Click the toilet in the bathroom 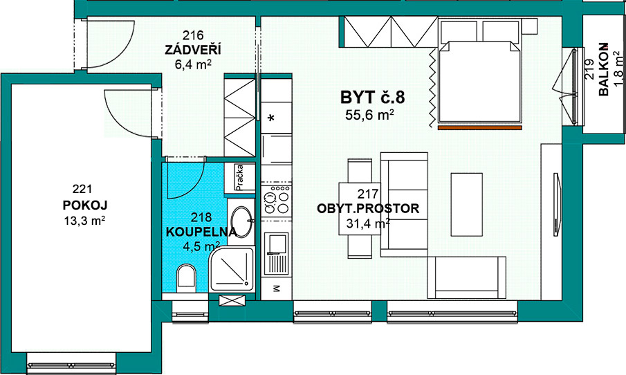(186, 275)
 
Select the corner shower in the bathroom (232, 269)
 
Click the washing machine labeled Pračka (239, 178)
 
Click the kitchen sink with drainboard (276, 254)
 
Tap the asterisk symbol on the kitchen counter (271, 118)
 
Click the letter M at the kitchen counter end (276, 289)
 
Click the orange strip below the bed (480, 128)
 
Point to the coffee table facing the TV (467, 205)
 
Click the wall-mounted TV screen (557, 203)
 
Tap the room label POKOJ (85, 205)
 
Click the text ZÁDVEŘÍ (193, 50)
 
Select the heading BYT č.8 (372, 98)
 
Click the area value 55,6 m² (369, 115)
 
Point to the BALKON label (603, 69)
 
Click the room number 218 (201, 217)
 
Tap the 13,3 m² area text (84, 220)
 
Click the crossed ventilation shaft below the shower (232, 300)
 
